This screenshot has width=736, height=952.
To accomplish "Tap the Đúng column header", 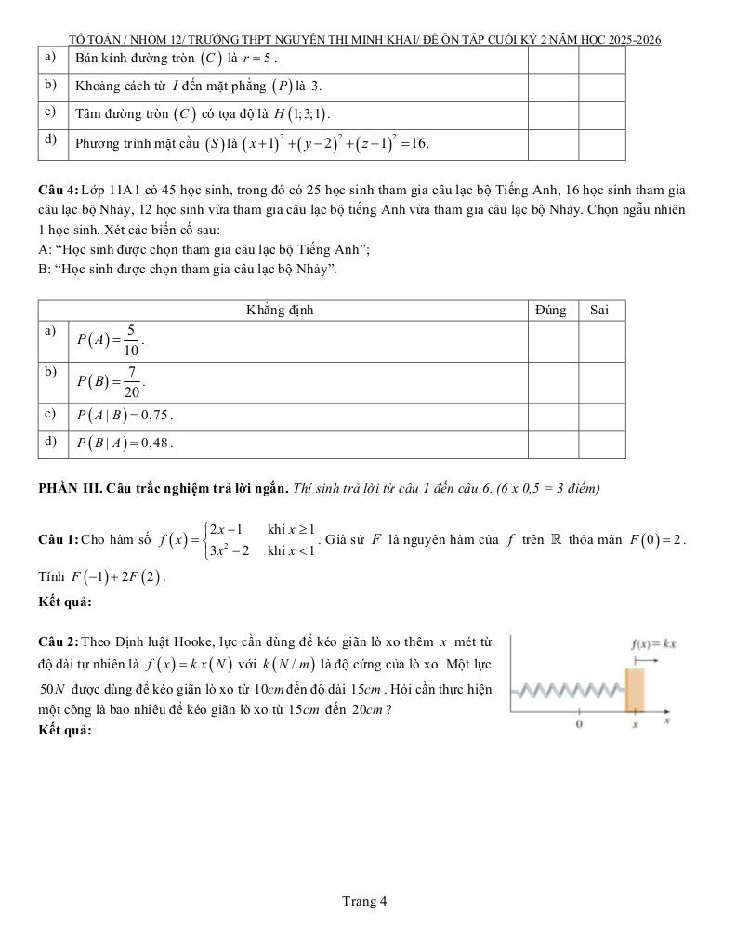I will pyautogui.click(x=551, y=311).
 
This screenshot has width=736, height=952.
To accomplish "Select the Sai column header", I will pyautogui.click(x=600, y=311).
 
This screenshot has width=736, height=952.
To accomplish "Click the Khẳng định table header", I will pyautogui.click(x=280, y=311).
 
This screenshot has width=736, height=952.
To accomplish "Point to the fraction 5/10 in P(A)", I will pyautogui.click(x=132, y=341).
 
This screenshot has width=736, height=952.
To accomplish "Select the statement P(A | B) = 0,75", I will pyautogui.click(x=125, y=415).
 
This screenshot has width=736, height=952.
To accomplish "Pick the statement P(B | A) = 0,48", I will pyautogui.click(x=125, y=443).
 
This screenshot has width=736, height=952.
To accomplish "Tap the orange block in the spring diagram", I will pyautogui.click(x=637, y=689).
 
